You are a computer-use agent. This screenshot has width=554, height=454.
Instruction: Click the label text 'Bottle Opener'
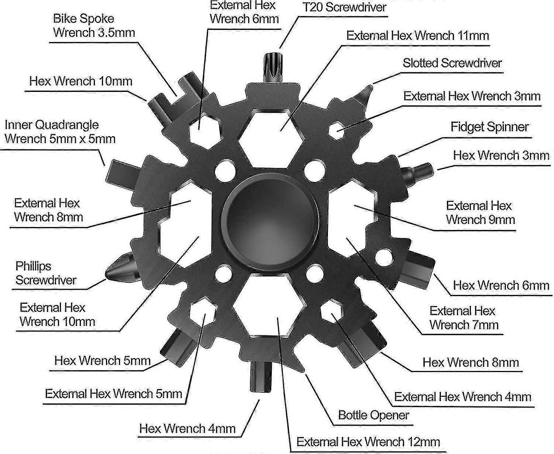[x=373, y=415]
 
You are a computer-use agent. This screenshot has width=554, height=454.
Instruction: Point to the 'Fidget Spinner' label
[x=489, y=127]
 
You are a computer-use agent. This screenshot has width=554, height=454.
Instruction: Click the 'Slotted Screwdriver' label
[x=452, y=63]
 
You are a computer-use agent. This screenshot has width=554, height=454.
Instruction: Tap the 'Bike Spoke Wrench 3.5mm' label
[x=94, y=25]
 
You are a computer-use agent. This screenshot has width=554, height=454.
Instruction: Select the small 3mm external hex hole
[x=338, y=130]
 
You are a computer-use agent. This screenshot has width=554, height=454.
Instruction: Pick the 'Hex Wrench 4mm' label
[x=187, y=429]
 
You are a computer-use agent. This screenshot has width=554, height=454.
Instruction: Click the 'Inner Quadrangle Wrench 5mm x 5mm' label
[x=60, y=132]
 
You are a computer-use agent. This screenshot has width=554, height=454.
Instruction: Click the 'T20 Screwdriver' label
[x=344, y=7]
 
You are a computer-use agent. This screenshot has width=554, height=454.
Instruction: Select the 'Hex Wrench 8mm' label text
[x=471, y=362]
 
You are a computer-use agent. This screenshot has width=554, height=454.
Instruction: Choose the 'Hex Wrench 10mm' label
[x=81, y=81]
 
